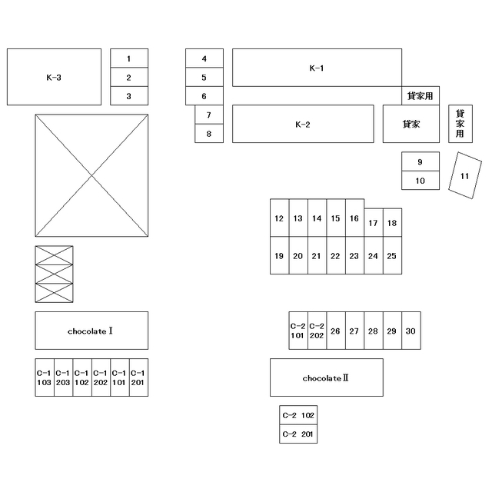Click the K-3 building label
[x=54, y=78]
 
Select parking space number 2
[x=129, y=77]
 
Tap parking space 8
[x=209, y=133]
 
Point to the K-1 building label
[x=317, y=68]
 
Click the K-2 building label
[x=303, y=125]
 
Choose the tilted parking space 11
[x=464, y=175]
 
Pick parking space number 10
[x=421, y=181]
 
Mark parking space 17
[x=374, y=222]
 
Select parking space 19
[x=279, y=255]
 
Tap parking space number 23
[x=354, y=255]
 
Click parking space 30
[x=411, y=331]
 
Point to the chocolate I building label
[x=90, y=331]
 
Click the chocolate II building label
[x=326, y=378]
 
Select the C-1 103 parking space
[x=45, y=377]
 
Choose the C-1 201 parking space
[x=138, y=377]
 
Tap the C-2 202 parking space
[x=317, y=331]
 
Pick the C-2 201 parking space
[x=298, y=434]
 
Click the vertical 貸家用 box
[x=460, y=124]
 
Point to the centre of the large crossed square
[x=91, y=175]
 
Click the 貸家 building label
[x=411, y=125]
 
